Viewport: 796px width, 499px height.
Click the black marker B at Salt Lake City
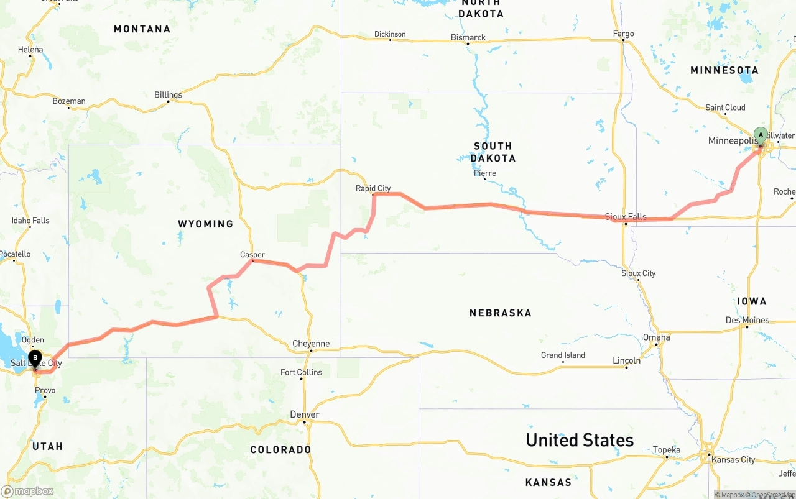click(35, 358)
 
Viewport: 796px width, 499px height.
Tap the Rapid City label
click(373, 188)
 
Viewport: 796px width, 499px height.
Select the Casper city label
click(252, 255)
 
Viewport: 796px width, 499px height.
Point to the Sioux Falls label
click(626, 217)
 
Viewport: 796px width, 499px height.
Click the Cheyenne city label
click(311, 344)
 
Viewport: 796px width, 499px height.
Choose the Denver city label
click(305, 414)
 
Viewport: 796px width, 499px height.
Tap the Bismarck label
click(468, 38)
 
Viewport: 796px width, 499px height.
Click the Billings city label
click(168, 95)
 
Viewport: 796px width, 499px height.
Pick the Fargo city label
click(623, 34)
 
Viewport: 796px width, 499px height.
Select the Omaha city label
click(657, 337)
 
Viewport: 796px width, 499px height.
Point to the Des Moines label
click(747, 321)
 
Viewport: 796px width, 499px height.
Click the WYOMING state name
click(205, 224)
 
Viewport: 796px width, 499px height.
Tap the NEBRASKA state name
click(500, 313)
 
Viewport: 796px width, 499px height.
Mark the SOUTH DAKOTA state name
click(493, 152)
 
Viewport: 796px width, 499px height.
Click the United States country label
click(580, 440)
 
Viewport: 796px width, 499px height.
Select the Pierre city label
click(484, 173)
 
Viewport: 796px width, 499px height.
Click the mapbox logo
click(27, 491)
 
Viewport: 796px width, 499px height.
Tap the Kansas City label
click(733, 460)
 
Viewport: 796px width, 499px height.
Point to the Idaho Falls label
click(30, 221)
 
